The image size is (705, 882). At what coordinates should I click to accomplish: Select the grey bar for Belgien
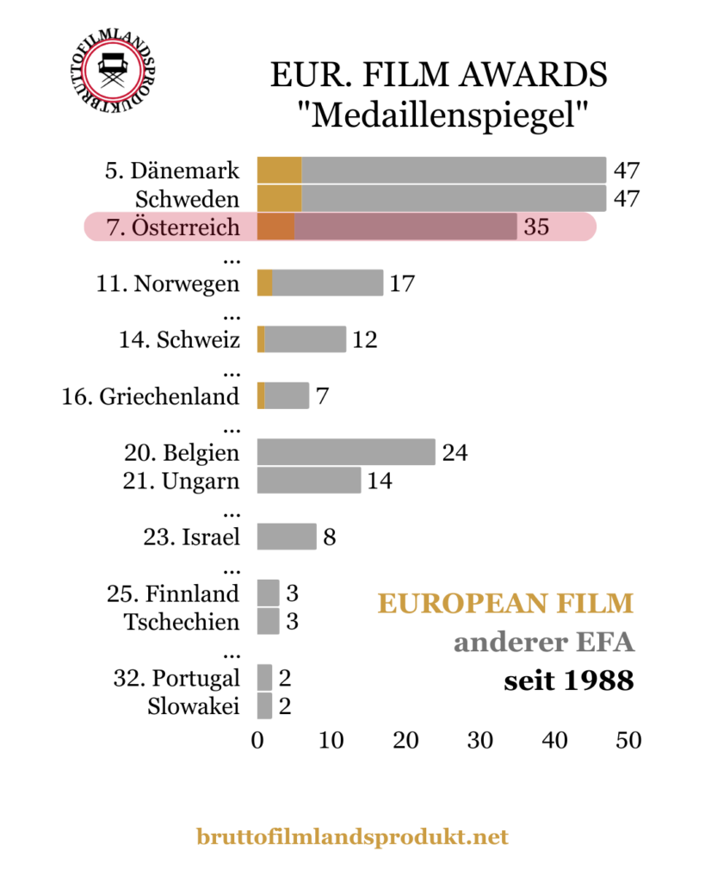point(346,452)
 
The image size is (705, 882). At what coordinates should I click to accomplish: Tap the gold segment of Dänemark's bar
point(279,171)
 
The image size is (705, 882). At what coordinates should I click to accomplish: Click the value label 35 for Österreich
point(536,227)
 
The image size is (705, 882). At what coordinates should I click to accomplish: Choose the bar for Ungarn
point(309,481)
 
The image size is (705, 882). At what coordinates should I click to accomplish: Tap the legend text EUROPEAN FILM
point(505,604)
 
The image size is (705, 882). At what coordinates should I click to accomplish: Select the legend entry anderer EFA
point(543,643)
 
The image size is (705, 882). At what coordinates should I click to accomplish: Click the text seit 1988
point(568,681)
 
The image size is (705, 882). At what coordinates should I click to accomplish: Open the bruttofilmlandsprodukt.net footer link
point(352,836)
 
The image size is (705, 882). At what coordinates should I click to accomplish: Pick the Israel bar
point(287,537)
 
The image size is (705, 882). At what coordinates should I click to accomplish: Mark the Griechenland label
point(151,396)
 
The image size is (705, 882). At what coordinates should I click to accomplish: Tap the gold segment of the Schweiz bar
point(261,339)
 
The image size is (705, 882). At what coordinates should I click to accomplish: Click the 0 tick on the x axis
point(257,740)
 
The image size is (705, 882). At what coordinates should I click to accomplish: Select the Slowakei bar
point(264,706)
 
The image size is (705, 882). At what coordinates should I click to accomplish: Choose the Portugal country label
point(176,678)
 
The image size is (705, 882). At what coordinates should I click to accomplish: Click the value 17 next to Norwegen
point(402,283)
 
